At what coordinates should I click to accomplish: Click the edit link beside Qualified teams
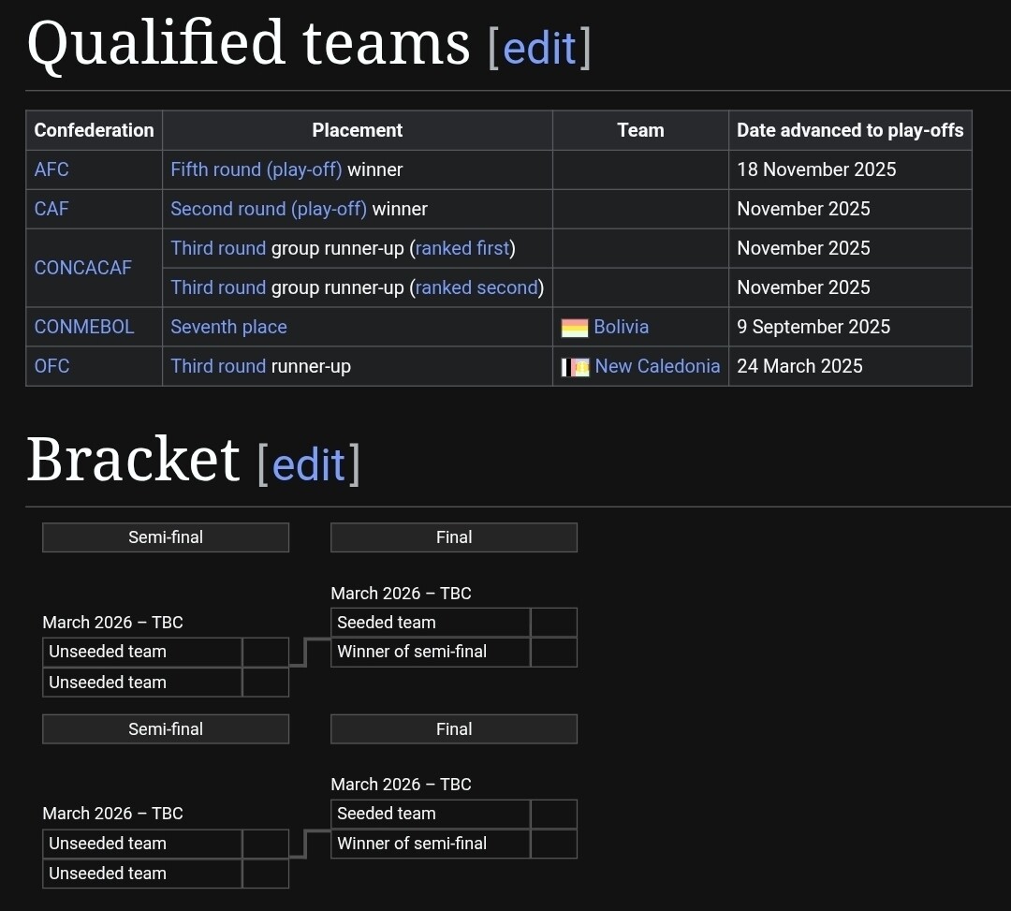(x=539, y=48)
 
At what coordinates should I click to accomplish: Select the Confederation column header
(x=94, y=130)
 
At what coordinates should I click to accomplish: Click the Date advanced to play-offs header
(x=849, y=130)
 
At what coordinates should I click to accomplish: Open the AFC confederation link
(x=51, y=169)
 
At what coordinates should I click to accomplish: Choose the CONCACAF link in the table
(x=82, y=268)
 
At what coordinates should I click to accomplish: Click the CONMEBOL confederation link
(x=84, y=327)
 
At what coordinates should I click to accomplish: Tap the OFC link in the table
(x=51, y=366)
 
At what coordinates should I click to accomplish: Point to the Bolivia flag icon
(x=575, y=328)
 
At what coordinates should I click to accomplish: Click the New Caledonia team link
(x=657, y=366)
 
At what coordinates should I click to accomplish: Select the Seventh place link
(x=228, y=327)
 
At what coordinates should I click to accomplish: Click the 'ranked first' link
(x=462, y=248)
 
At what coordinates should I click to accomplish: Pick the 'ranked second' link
(x=476, y=287)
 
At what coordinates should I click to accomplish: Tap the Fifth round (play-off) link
(x=256, y=169)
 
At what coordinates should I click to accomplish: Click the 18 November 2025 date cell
(x=815, y=169)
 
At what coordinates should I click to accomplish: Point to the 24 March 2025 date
(x=799, y=366)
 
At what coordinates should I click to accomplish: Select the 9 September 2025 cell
(x=813, y=327)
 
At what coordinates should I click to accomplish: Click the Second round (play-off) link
(x=268, y=209)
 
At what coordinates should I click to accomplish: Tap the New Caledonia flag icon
(x=575, y=367)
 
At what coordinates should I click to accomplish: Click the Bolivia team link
(x=621, y=327)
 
